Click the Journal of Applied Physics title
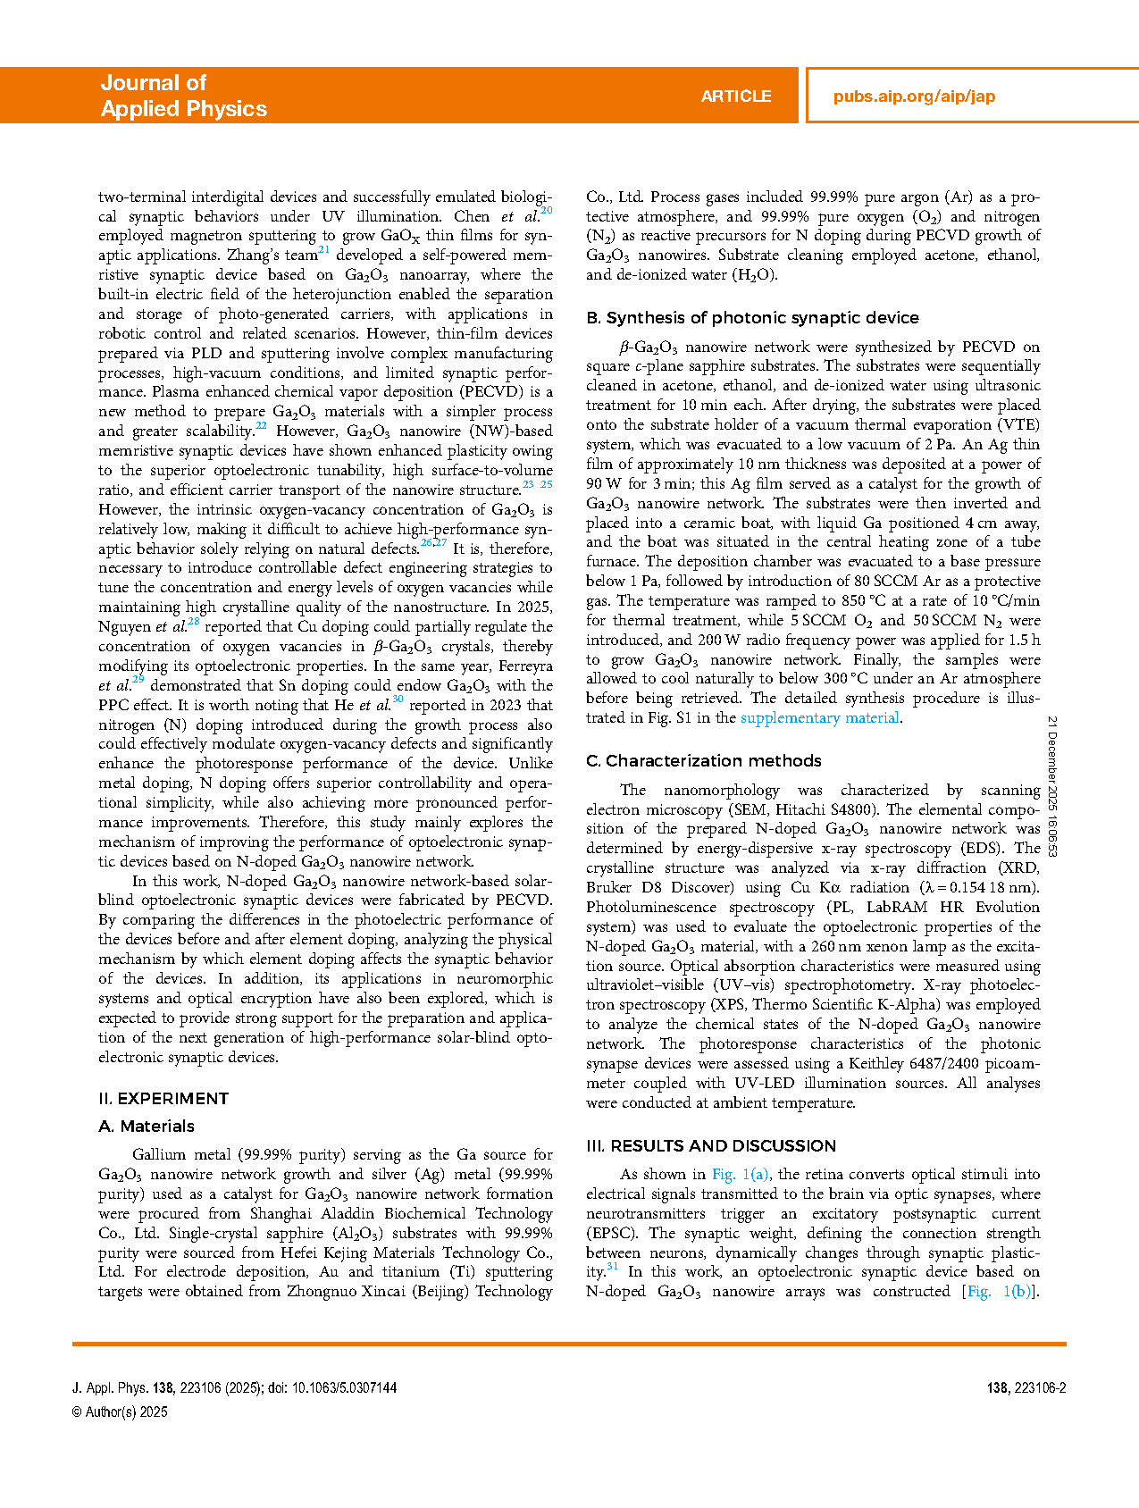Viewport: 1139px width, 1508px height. (x=183, y=96)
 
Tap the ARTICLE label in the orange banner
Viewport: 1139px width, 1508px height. (x=735, y=96)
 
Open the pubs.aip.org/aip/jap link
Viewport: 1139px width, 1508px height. (x=914, y=96)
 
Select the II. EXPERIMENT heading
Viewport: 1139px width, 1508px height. (x=163, y=1098)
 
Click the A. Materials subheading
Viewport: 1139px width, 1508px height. (x=147, y=1126)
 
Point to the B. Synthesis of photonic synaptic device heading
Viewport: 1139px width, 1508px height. (x=752, y=317)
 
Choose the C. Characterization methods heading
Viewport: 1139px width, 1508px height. (x=703, y=760)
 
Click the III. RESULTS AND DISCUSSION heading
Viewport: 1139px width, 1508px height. (x=711, y=1145)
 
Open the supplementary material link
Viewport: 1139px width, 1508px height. (x=819, y=717)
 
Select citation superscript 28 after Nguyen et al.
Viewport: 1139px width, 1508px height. (x=194, y=622)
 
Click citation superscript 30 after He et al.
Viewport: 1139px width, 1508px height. (x=398, y=700)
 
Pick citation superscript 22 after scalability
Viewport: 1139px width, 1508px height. (x=261, y=426)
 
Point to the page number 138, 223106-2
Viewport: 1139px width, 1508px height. (x=1026, y=1387)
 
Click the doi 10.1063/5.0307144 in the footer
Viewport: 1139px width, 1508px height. (x=344, y=1387)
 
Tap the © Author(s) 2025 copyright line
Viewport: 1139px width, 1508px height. (x=120, y=1412)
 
